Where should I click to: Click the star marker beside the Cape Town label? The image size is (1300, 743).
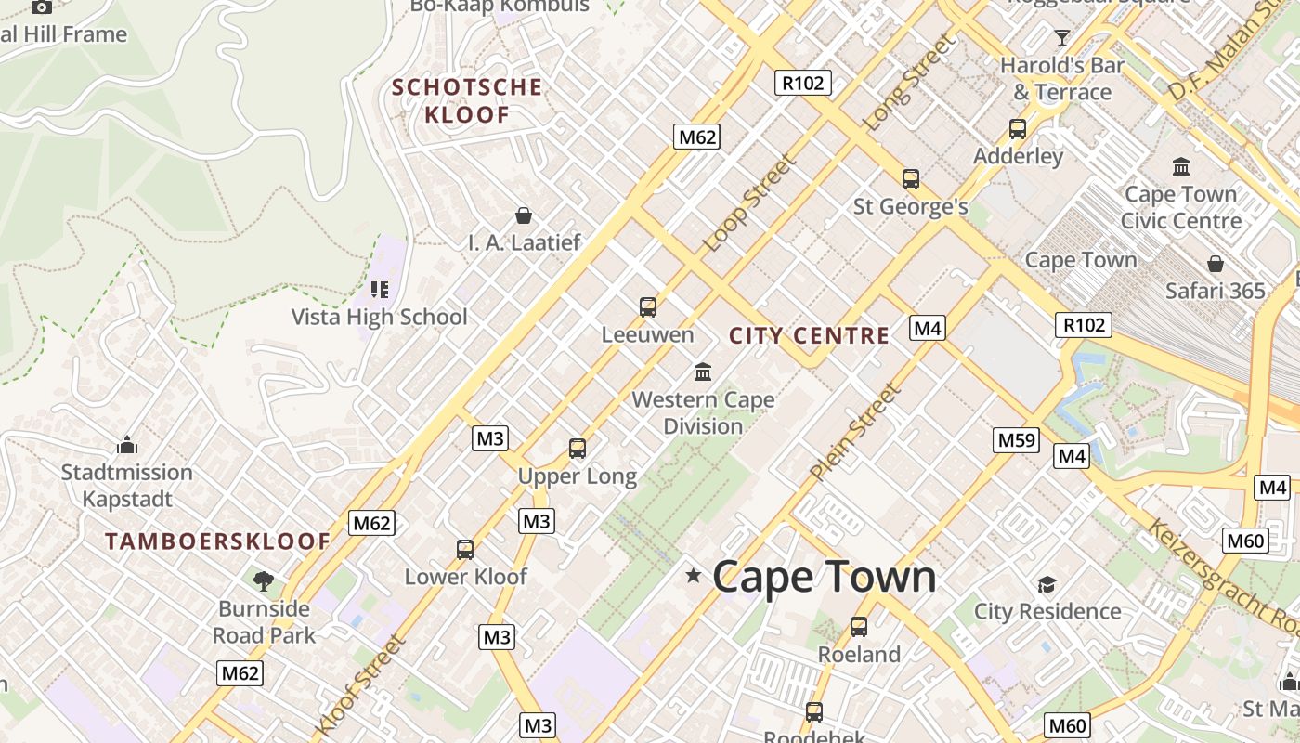pos(693,576)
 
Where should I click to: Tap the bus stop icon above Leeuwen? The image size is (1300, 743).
pos(648,306)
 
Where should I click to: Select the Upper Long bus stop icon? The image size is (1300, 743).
pos(578,449)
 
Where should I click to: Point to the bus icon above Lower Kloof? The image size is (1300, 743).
pos(465,549)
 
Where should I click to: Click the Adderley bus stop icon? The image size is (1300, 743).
pos(1018,128)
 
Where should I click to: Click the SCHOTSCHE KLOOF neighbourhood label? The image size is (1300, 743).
pos(466,101)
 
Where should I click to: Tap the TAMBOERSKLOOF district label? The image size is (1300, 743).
pos(217,541)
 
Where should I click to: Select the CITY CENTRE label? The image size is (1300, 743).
pos(809,336)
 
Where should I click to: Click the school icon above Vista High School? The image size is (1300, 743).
pos(379,289)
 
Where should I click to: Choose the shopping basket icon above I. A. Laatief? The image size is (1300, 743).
pos(524,215)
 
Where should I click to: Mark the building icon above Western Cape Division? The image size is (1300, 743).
pos(703,372)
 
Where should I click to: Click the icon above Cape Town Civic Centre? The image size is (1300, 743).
pos(1181,167)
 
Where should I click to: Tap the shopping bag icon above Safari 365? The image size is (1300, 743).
pos(1215,264)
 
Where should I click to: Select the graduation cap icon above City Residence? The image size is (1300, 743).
pos(1046,584)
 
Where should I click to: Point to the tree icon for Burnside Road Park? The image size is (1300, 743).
pos(264,581)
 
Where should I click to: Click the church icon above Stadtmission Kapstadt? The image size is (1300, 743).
pos(127,445)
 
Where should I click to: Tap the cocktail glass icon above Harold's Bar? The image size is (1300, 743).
pos(1062,38)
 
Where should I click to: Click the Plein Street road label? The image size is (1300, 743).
pos(855,433)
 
